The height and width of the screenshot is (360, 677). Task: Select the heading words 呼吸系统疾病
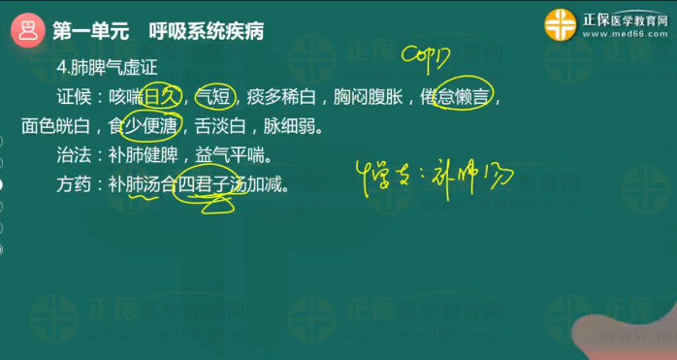coord(207,30)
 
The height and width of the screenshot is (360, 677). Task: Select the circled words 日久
coord(162,95)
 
